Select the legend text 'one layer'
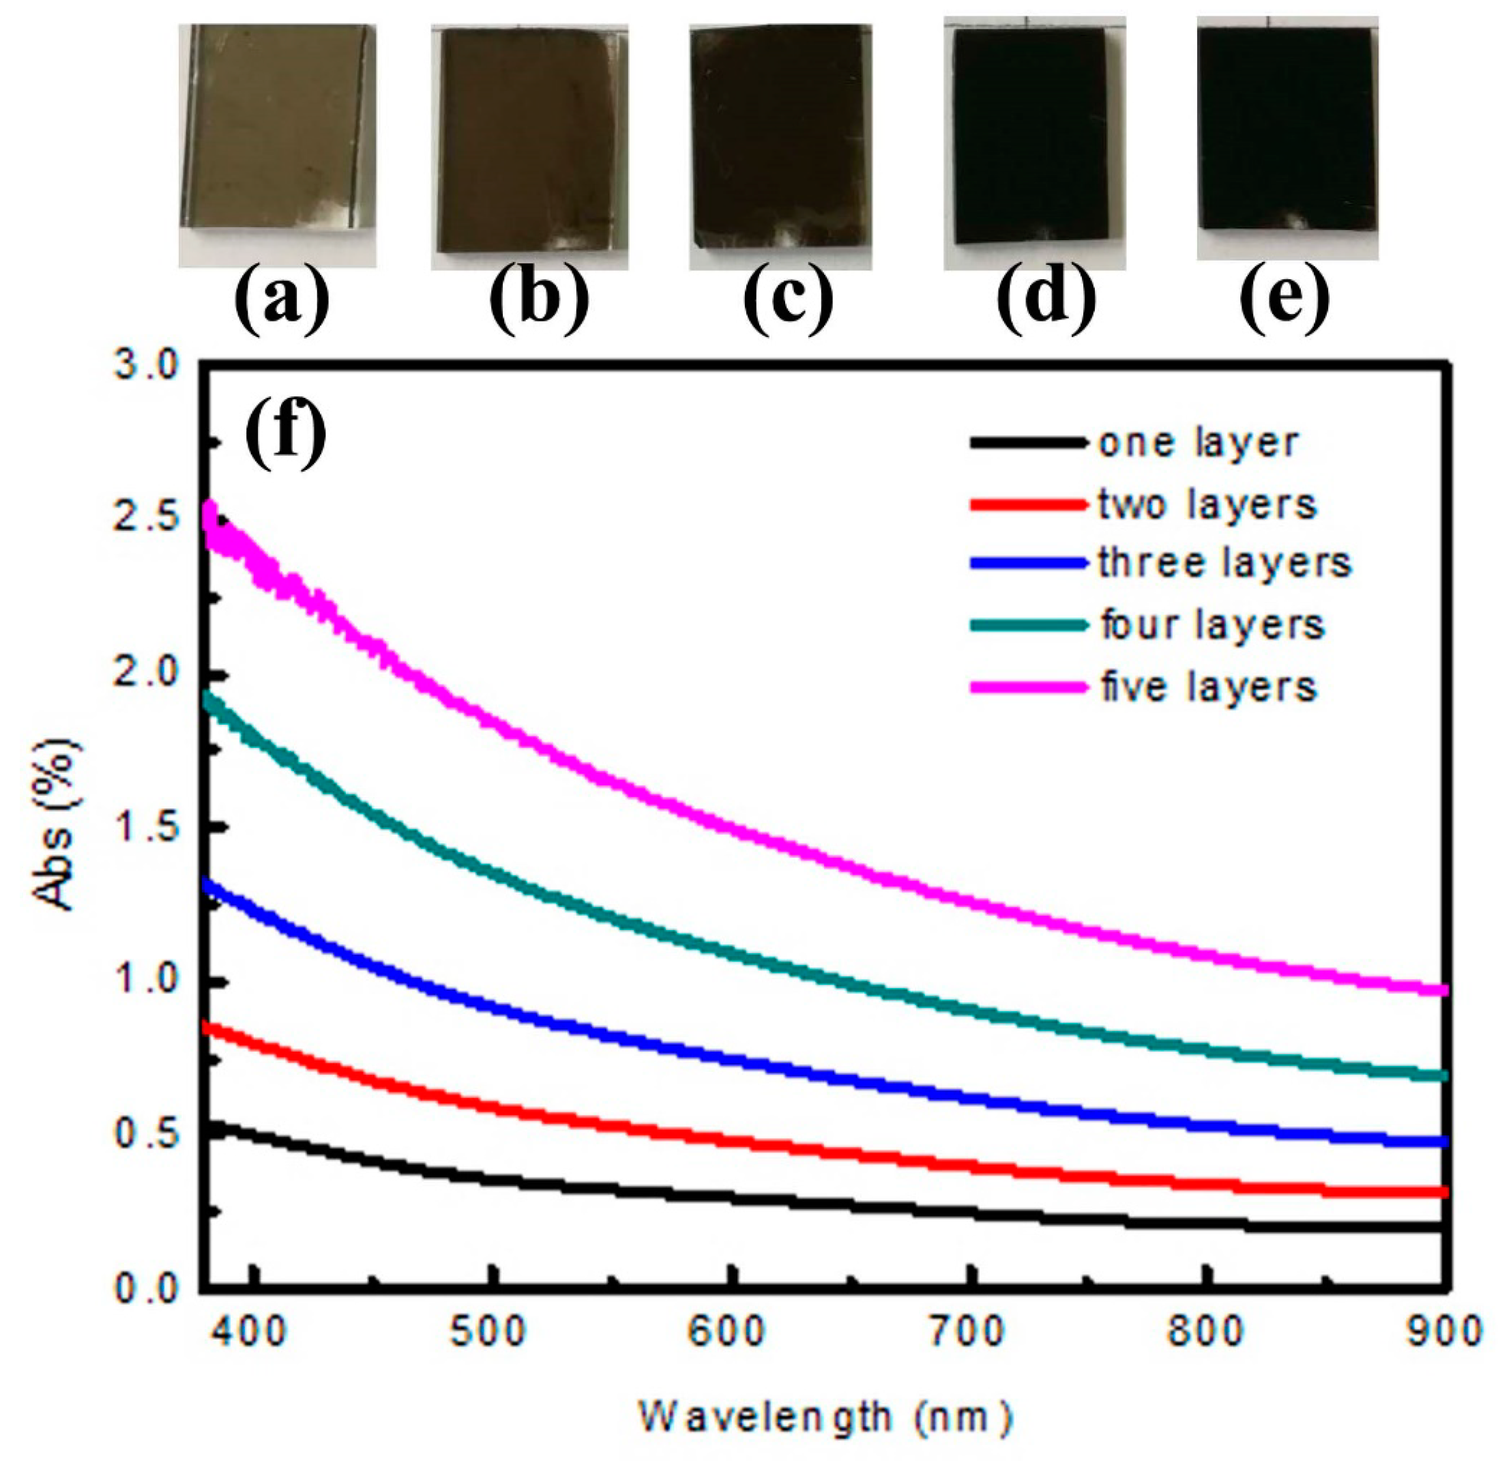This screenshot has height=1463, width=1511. pos(1199,444)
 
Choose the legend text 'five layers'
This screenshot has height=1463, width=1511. pos(1208,686)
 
